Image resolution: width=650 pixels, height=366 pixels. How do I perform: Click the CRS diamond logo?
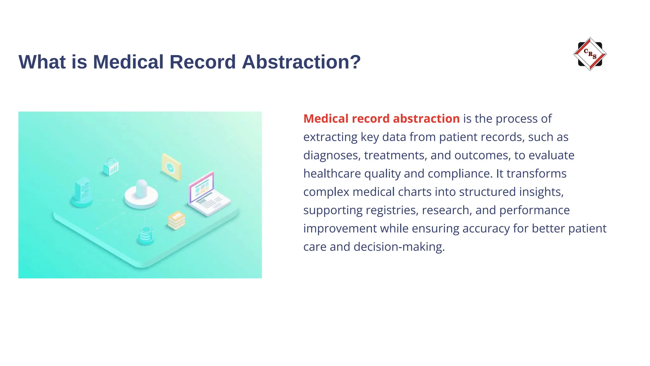(590, 54)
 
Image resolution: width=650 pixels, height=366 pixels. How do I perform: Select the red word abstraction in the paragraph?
(426, 119)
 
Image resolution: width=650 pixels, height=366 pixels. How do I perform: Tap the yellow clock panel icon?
(171, 167)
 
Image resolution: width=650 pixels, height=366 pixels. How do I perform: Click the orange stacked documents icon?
(176, 220)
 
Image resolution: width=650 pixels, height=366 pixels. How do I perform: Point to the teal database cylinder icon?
(146, 235)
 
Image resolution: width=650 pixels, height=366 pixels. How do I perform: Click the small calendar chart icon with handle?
(111, 167)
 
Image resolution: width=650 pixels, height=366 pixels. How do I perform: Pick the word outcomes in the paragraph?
(482, 155)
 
